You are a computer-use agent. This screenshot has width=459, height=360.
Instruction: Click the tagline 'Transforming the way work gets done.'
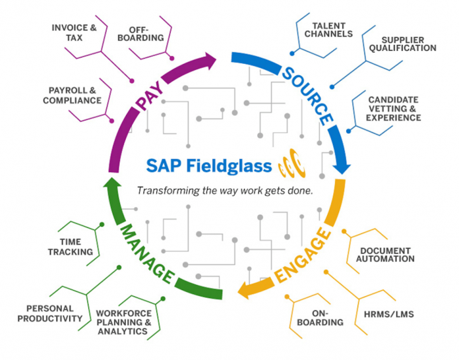pos(224,191)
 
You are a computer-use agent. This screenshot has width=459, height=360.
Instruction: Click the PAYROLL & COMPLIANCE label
pos(73,95)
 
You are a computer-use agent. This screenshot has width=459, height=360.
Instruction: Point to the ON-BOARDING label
pos(319,318)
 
